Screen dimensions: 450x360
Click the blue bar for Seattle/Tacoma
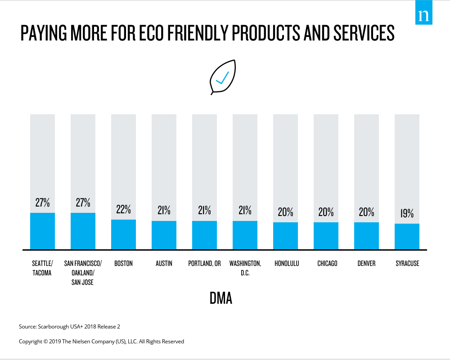tap(42, 231)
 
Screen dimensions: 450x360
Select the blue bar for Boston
tap(123, 234)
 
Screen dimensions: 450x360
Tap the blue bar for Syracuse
tap(407, 237)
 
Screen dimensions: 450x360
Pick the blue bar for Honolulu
tap(285, 236)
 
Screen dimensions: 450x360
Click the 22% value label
tap(123, 209)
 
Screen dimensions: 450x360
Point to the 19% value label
tap(407, 213)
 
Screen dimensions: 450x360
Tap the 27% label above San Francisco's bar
tap(83, 202)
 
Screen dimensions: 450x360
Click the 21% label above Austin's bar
tap(164, 211)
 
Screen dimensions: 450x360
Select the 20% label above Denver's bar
tap(366, 212)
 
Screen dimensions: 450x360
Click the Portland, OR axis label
tap(204, 263)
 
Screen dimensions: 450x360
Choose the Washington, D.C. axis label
tap(245, 268)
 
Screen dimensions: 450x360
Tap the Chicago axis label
tap(327, 263)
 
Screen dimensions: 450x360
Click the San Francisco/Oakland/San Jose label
tap(83, 273)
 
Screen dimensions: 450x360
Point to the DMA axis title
tap(220, 298)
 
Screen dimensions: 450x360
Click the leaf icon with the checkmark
tap(223, 77)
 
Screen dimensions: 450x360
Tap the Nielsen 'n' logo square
tap(423, 12)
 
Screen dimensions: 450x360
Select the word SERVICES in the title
tap(364, 33)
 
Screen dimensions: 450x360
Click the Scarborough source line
tap(69, 327)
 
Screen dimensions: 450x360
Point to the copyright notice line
tap(101, 342)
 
